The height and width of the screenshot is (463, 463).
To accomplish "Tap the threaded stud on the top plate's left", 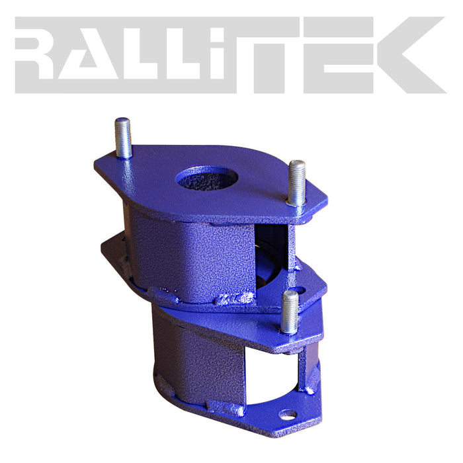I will click(x=123, y=138).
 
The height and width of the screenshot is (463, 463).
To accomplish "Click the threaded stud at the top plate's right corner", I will click(x=296, y=183).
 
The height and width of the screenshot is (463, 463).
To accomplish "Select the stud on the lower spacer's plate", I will click(x=289, y=312).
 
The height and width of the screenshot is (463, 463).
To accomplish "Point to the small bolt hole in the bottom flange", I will click(x=288, y=415).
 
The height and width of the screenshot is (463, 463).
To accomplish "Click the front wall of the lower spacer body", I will click(x=198, y=370).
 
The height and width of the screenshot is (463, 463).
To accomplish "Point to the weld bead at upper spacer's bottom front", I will click(x=198, y=298).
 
